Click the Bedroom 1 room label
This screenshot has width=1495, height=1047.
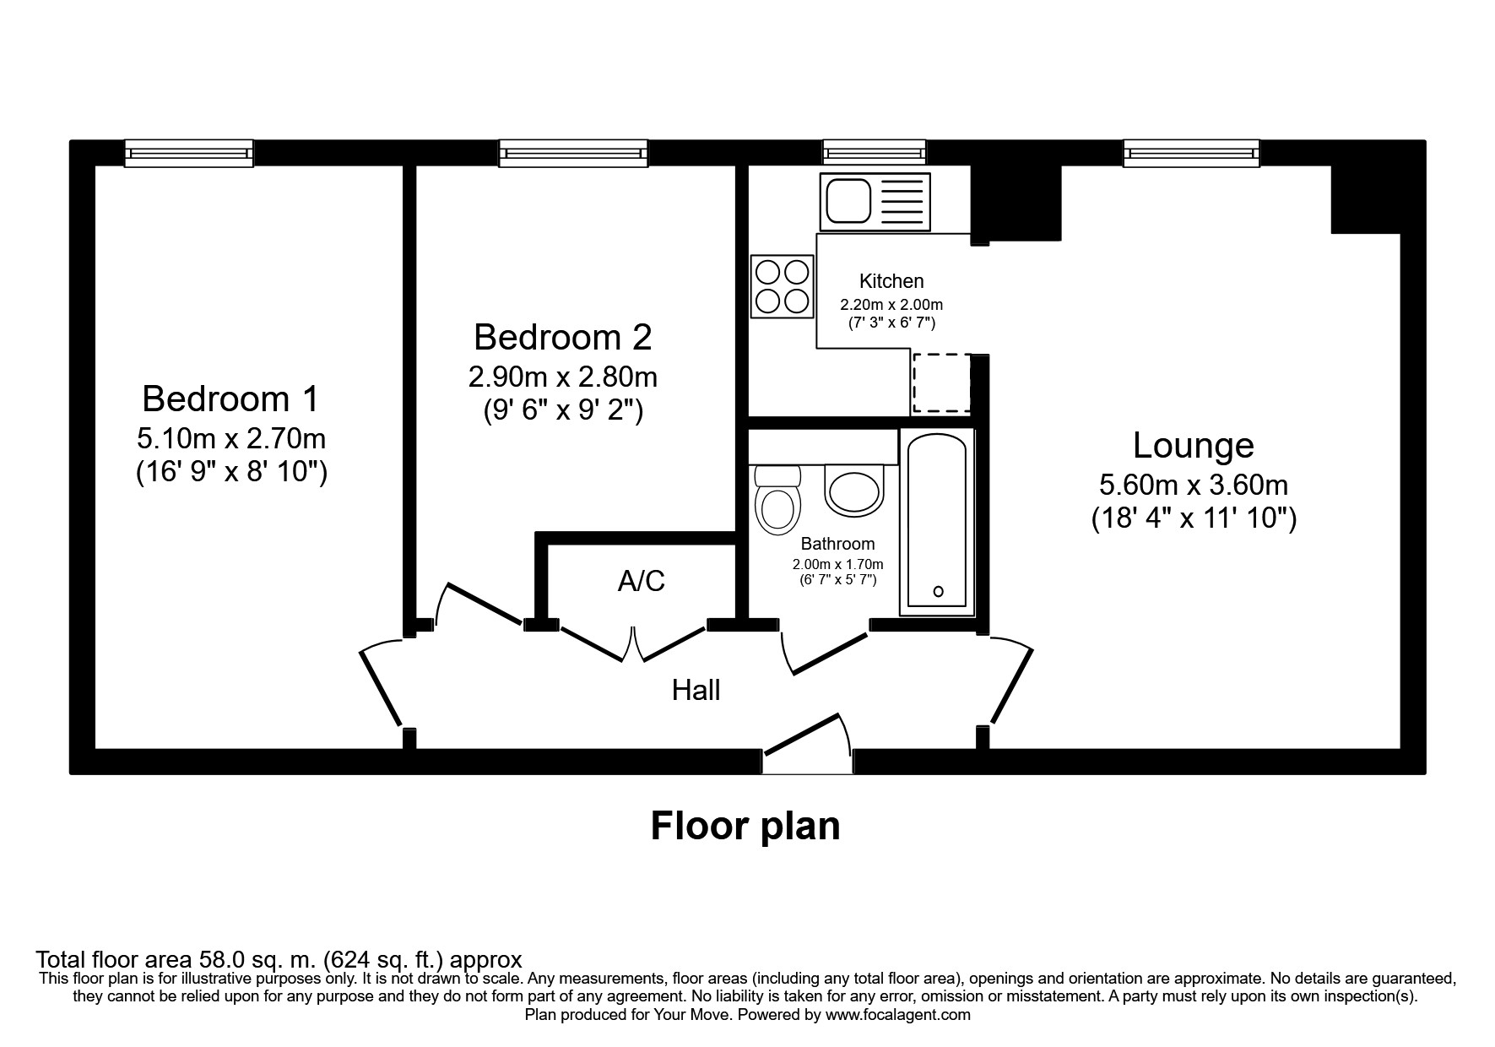230,399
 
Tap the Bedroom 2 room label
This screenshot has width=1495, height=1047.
562,337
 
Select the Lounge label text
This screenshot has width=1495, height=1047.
1193,445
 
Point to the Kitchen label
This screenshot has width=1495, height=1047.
891,281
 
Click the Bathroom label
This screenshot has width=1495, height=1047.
837,544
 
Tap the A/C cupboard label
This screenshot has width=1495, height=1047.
642,581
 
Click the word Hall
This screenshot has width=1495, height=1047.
696,691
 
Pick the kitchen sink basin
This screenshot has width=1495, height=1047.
848,201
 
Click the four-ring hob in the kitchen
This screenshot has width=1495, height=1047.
783,287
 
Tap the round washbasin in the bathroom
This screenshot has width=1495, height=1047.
854,491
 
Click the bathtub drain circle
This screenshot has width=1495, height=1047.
939,592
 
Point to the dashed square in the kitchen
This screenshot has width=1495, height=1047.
940,384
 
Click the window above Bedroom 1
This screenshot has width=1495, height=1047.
189,153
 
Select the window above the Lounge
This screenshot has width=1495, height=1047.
1191,153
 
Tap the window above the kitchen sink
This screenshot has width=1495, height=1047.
874,153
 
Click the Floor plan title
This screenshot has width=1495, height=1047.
745,826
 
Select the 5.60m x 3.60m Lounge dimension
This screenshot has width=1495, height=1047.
1193,485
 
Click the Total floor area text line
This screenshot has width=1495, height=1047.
279,960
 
